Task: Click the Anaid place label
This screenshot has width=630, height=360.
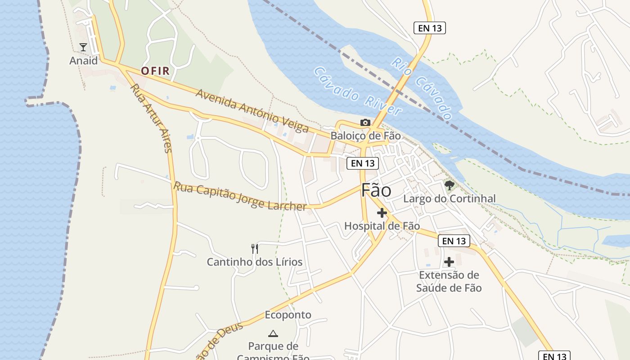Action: coord(83,60)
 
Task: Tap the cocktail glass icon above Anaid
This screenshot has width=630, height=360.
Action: coord(83,47)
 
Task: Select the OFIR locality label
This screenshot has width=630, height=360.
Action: coord(155,71)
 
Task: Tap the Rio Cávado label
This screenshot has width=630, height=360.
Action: coord(422,88)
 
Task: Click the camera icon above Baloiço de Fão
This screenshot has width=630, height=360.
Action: coord(365,122)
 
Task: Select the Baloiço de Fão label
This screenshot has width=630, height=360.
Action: coord(365,135)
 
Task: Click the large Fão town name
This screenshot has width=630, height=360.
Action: coord(376,190)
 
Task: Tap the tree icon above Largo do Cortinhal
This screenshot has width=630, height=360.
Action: coord(449,185)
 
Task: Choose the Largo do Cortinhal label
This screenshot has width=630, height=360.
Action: coord(449,198)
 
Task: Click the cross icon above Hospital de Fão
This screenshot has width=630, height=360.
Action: coord(382,213)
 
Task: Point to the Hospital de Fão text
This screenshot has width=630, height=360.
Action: coord(382,226)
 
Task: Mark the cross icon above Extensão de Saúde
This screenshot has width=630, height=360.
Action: coord(449,262)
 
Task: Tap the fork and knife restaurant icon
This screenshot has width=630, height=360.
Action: coord(255,248)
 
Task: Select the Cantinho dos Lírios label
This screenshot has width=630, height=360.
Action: coord(255,262)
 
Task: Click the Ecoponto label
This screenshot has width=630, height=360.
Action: coord(288,315)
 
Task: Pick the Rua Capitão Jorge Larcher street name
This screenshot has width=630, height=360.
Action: coord(240,196)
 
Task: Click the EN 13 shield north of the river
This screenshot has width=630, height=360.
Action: coord(429,28)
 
